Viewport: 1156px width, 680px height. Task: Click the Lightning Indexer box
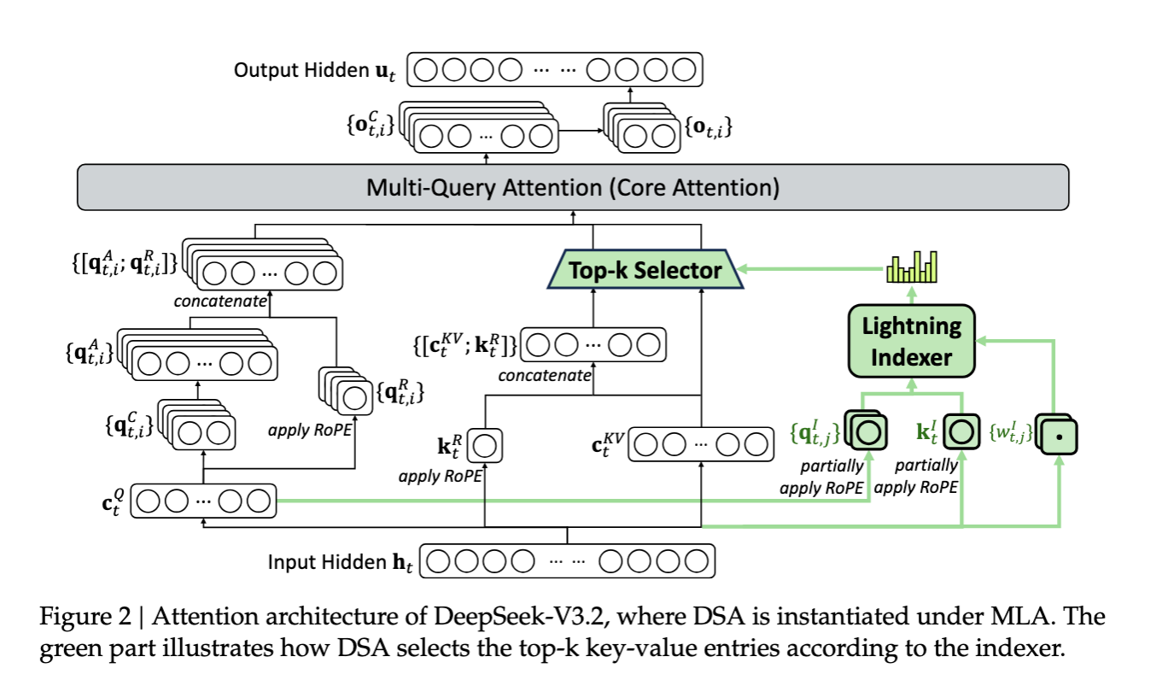tap(910, 341)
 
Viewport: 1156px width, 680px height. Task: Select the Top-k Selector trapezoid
tap(645, 271)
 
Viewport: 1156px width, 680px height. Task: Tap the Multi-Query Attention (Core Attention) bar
tap(572, 187)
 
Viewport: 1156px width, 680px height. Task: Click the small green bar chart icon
tap(912, 267)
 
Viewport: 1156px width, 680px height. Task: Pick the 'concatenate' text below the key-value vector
tap(545, 374)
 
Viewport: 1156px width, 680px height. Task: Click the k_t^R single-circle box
tap(484, 446)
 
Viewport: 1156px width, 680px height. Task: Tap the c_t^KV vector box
tap(699, 444)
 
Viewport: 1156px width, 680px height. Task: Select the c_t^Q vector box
tap(206, 501)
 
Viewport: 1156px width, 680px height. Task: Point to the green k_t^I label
tap(927, 431)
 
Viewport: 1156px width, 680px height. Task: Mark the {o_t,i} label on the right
tap(708, 129)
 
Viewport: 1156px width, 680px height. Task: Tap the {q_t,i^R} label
tap(400, 395)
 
